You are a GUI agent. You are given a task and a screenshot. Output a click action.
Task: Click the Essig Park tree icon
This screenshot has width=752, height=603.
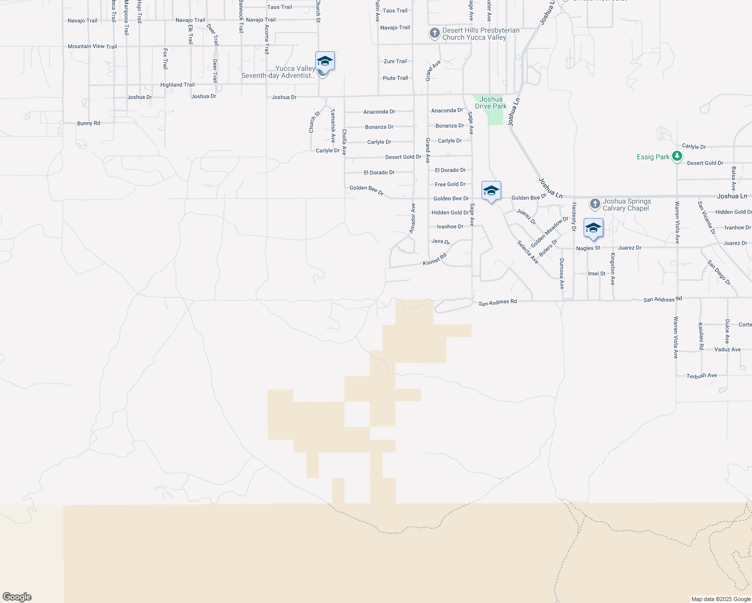677,156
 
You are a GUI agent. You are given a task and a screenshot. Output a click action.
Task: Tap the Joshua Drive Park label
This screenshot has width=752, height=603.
491,103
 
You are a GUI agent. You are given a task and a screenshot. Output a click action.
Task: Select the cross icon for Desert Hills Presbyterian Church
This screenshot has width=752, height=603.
434,34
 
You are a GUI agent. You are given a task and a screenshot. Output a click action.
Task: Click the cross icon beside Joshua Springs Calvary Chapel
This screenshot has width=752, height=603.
595,204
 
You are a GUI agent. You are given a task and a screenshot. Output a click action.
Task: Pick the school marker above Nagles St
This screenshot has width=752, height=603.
593,228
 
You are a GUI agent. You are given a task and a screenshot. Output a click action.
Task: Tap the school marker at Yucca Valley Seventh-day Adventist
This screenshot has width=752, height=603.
325,61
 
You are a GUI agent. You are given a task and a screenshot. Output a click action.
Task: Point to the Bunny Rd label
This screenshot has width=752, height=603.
88,123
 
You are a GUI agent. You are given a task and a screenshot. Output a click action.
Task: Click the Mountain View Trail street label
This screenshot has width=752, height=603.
92,46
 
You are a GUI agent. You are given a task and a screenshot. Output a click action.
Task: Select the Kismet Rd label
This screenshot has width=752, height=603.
435,260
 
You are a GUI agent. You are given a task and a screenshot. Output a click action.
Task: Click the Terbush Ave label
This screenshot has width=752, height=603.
702,375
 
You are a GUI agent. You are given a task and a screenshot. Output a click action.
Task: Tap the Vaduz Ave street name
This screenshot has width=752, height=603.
727,349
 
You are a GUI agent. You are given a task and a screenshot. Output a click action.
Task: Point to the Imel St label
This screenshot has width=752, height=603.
597,273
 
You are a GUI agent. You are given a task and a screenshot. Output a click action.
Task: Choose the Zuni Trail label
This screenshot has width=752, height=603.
395,61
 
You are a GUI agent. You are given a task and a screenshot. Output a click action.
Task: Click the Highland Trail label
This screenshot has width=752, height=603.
177,85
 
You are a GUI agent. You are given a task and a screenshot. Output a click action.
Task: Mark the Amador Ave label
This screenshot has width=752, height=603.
413,218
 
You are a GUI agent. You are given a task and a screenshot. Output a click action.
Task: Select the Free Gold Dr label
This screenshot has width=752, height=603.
450,184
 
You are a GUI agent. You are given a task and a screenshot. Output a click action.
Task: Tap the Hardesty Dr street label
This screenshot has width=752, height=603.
574,217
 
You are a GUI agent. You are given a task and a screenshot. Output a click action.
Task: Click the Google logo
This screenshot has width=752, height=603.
17,597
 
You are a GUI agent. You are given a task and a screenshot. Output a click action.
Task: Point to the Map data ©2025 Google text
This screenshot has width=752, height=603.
721,599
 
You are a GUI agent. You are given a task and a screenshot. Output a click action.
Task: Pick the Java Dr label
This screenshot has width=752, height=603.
440,242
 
